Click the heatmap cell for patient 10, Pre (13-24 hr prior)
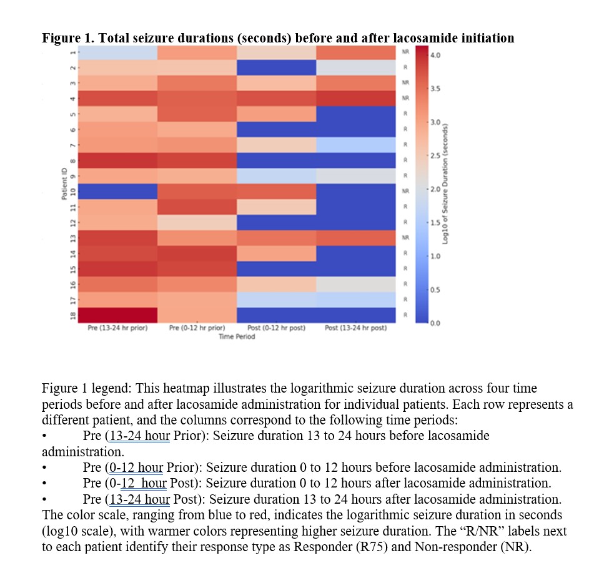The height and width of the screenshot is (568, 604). [117, 191]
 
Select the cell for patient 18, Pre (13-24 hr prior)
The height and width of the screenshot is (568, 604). [117, 315]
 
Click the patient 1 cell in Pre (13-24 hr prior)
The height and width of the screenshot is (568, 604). [117, 52]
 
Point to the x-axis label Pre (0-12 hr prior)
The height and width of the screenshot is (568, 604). [197, 328]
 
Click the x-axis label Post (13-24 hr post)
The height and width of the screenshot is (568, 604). [356, 328]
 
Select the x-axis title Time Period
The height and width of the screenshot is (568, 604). [237, 336]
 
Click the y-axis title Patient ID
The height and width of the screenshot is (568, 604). [64, 184]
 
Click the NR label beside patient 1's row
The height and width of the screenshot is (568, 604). [405, 52]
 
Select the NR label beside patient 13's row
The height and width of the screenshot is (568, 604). [405, 237]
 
